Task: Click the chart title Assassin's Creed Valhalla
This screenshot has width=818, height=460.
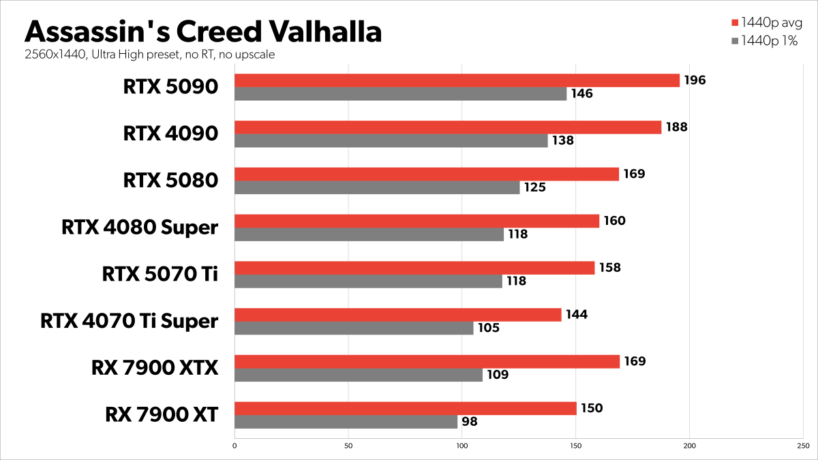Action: click(203, 32)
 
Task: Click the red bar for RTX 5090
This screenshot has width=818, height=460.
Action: click(457, 80)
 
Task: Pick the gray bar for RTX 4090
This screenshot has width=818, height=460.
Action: click(391, 141)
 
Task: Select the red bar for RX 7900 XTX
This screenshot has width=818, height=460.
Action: click(427, 361)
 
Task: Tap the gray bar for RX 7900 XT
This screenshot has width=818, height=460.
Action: click(346, 422)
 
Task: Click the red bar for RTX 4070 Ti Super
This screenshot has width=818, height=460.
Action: click(397, 314)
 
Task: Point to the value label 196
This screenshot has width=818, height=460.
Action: click(695, 80)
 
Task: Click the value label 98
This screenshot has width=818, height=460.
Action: click(470, 422)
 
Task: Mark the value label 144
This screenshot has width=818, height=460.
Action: click(577, 314)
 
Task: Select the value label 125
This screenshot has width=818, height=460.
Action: click(535, 187)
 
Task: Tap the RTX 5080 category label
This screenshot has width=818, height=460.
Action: click(170, 181)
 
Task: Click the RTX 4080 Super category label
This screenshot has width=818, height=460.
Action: click(139, 227)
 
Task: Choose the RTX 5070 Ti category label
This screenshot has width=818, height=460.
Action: click(160, 274)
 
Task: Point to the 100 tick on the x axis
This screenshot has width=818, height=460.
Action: click(462, 446)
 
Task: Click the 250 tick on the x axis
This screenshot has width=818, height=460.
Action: click(804, 446)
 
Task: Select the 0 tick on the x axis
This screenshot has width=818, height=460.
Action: click(234, 446)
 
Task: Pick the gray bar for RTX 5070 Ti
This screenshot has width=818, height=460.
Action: click(368, 281)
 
